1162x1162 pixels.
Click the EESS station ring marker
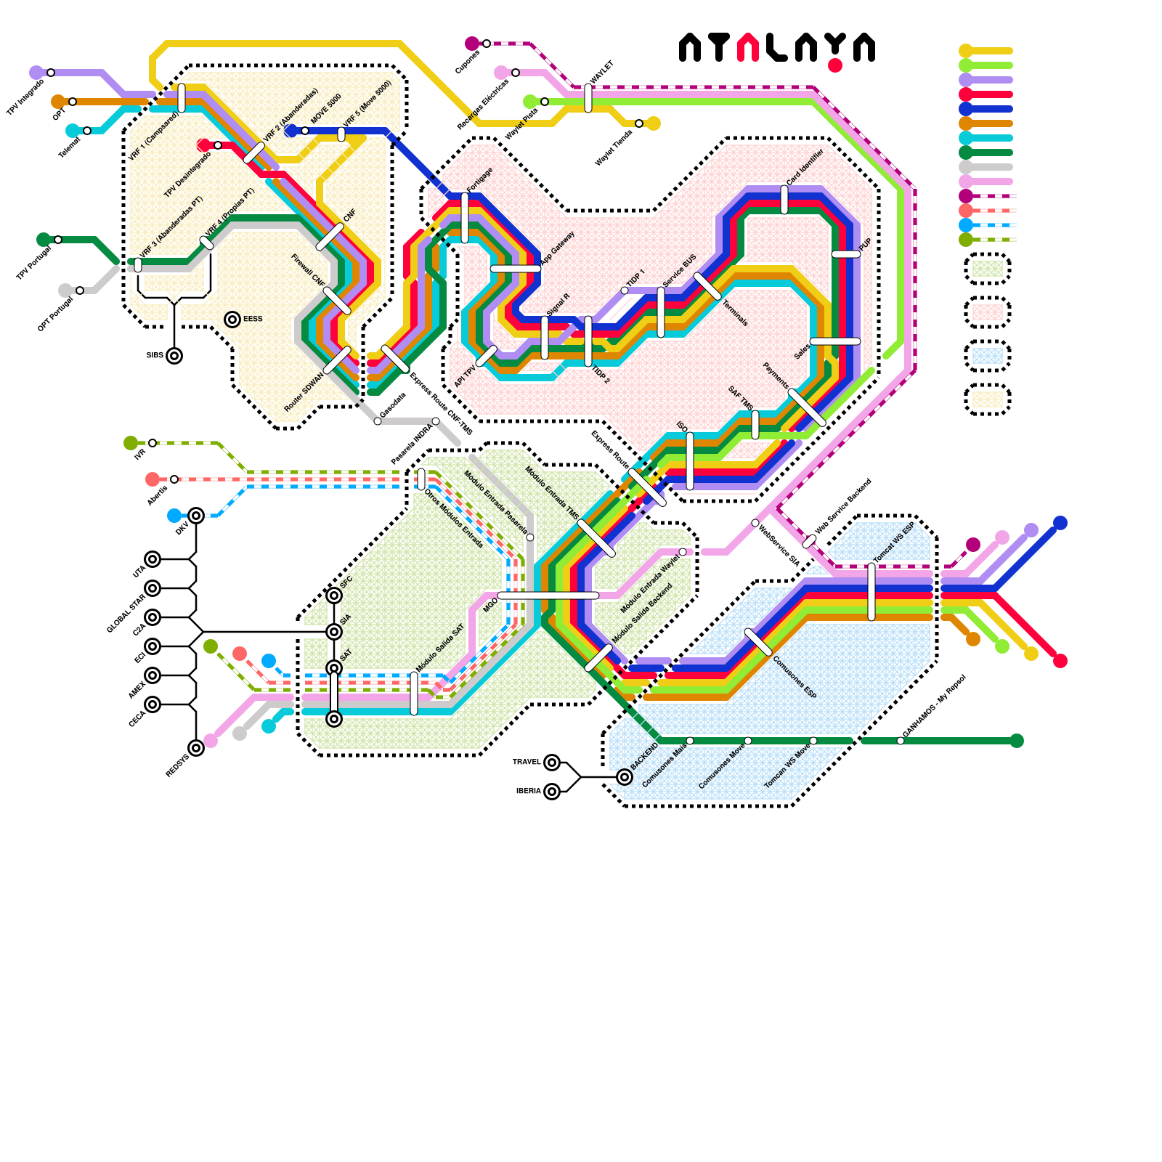[232, 320]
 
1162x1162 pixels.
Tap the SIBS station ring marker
[174, 356]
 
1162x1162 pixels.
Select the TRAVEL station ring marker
[552, 763]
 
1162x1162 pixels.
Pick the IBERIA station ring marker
[552, 792]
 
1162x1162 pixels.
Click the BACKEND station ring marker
[625, 777]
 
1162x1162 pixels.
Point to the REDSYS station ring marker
[196, 748]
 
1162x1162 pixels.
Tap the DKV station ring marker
[196, 516]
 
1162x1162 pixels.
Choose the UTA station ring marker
[153, 559]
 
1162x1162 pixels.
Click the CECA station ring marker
[153, 704]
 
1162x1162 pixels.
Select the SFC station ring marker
[334, 596]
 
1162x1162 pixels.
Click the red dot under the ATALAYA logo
[835, 65]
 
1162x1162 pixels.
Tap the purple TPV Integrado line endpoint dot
[36, 73]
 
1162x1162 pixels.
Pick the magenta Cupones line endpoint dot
[472, 44]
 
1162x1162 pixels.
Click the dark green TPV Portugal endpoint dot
[44, 240]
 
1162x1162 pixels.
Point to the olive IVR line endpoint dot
[131, 443]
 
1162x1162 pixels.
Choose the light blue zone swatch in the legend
[988, 356]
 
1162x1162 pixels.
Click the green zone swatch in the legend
[988, 269]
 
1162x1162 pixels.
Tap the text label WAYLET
[602, 73]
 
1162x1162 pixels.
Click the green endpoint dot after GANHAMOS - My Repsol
[1017, 741]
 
